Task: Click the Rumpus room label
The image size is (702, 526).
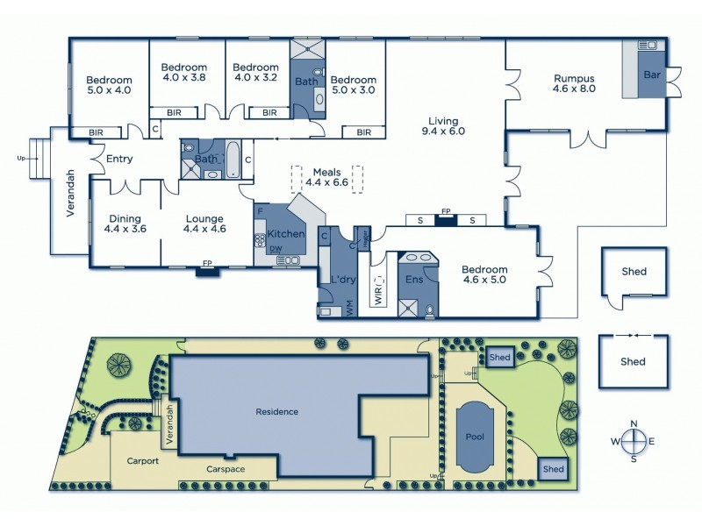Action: tap(574, 82)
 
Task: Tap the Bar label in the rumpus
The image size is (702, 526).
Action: tap(651, 75)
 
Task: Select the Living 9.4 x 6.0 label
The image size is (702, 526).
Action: tap(446, 126)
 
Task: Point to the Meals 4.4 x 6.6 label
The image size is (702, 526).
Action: tap(326, 177)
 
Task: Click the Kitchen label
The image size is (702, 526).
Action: tap(286, 234)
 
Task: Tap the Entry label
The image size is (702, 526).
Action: tap(118, 159)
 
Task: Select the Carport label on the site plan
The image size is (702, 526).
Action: tap(141, 459)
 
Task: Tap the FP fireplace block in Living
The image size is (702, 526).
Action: tap(446, 218)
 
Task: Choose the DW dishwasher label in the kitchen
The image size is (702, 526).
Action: tap(276, 250)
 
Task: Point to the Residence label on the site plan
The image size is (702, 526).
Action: tap(277, 411)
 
